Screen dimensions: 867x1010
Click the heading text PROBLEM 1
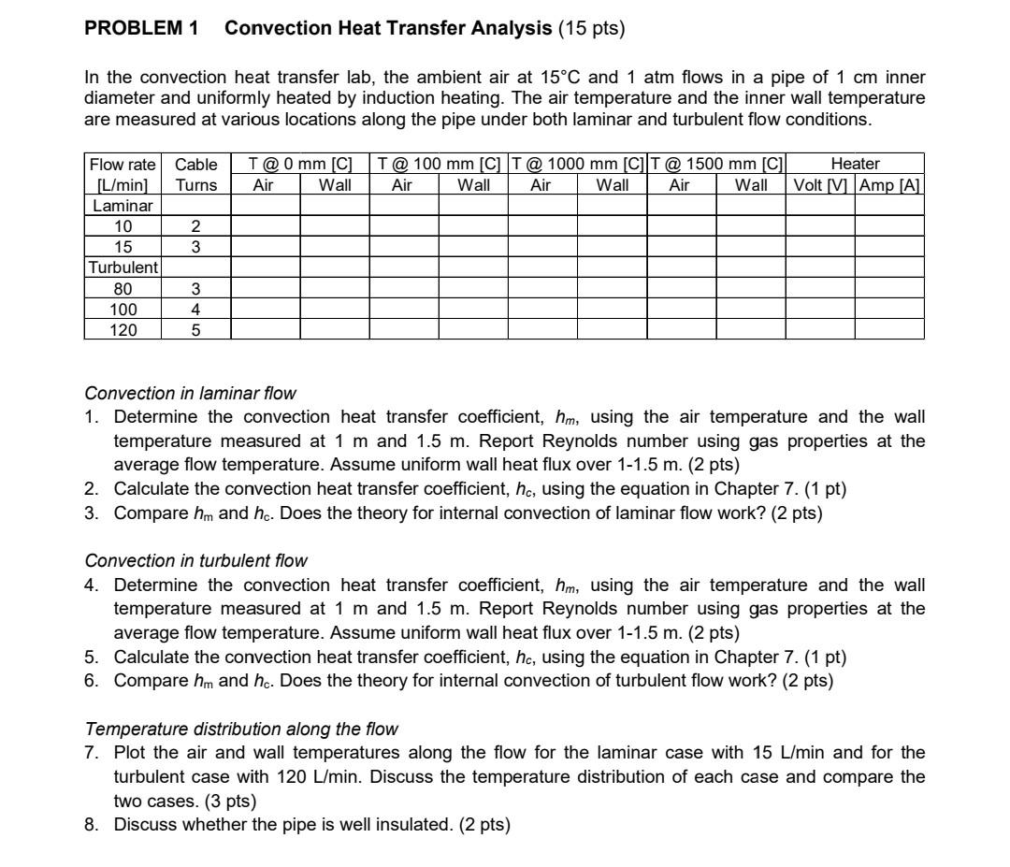pos(141,29)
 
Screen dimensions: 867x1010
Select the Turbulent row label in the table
pos(123,267)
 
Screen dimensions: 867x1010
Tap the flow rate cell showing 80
pos(123,288)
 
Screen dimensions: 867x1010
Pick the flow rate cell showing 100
pos(123,309)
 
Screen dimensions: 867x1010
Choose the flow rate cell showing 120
pos(123,329)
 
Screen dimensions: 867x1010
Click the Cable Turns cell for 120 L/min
pos(196,329)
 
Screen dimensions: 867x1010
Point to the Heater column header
pos(855,165)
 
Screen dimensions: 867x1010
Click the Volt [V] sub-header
pos(820,184)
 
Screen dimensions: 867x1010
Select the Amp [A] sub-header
pos(890,184)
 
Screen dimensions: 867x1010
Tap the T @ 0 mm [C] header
pos(300,165)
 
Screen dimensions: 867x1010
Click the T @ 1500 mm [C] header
pos(717,165)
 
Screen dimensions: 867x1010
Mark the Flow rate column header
pos(123,165)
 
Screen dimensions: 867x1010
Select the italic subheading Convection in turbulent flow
pos(195,561)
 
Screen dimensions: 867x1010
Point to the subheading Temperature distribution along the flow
pos(241,729)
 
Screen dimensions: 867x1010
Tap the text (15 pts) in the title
pos(591,29)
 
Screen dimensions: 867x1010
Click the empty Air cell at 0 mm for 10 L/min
pos(265,226)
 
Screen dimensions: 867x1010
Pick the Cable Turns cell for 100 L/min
pos(196,309)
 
